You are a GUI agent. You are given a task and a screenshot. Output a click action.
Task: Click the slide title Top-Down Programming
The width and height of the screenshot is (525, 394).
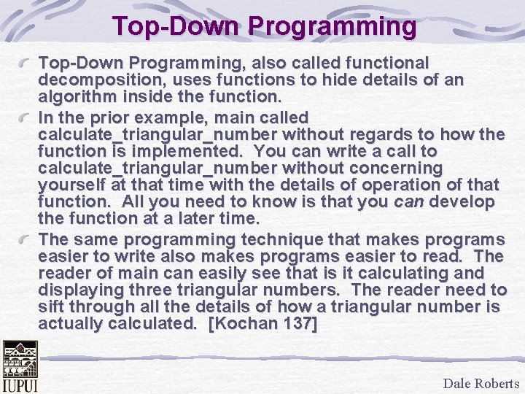click(265, 26)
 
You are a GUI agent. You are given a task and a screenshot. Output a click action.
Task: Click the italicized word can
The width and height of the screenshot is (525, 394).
click(408, 201)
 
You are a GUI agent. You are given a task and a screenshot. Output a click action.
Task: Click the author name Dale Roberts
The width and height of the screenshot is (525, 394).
click(481, 383)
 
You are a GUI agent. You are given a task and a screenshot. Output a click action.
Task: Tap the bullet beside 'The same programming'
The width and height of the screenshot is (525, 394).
click(27, 240)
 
